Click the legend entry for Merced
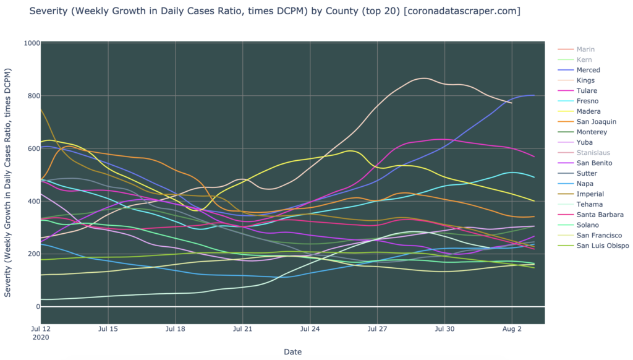pyautogui.click(x=588, y=70)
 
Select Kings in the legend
pyautogui.click(x=585, y=80)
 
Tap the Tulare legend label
pyautogui.click(x=586, y=91)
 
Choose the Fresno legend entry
pyautogui.click(x=587, y=101)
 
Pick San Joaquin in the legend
pyautogui.click(x=592, y=122)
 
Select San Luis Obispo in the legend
pyautogui.click(x=602, y=246)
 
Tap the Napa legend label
pyautogui.click(x=585, y=184)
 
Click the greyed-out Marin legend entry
pyautogui.click(x=585, y=49)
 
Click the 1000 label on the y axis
pyautogui.click(x=32, y=43)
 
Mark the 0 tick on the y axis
pyautogui.click(x=38, y=307)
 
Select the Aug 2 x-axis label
pyautogui.click(x=512, y=329)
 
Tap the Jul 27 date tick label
pyautogui.click(x=377, y=329)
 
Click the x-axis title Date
pyautogui.click(x=292, y=351)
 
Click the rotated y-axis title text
pyautogui.click(x=9, y=183)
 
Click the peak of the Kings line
pyautogui.click(x=423, y=78)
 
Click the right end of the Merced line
pyautogui.click(x=533, y=95)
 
